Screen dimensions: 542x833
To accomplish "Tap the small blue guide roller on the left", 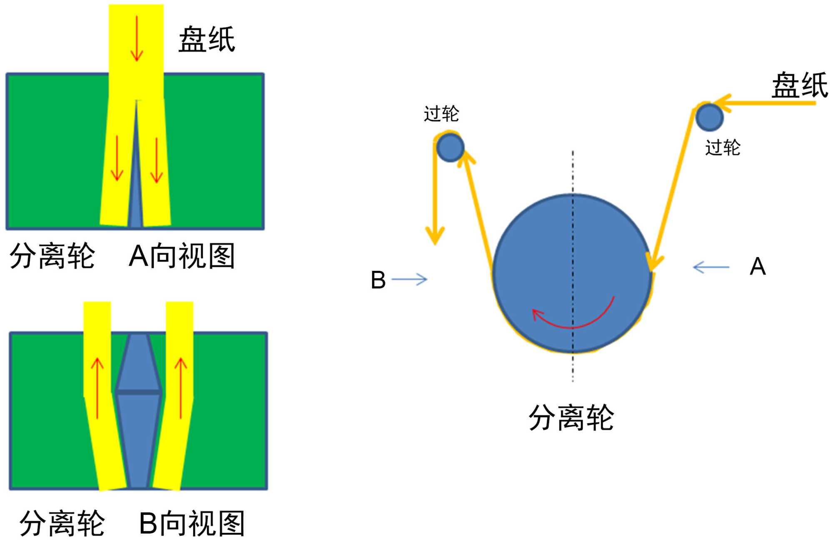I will tap(450, 147).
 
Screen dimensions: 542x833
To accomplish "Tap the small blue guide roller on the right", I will tap(709, 117).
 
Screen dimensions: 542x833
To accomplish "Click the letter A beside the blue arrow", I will tap(758, 267).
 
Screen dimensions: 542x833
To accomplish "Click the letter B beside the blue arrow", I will tap(378, 280).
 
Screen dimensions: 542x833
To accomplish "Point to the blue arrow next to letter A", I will tap(711, 267).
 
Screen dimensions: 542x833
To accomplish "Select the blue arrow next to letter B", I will tap(409, 280).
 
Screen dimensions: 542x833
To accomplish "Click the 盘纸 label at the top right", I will tap(800, 85).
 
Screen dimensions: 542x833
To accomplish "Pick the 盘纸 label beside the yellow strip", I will tap(207, 40).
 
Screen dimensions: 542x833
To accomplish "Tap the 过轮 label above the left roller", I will tap(441, 114).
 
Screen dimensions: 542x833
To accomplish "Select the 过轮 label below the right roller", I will tap(723, 148).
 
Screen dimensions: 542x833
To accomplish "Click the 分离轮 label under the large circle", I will tap(571, 417).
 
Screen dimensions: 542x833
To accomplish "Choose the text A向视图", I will tap(182, 256).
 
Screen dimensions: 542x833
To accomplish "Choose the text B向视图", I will tap(192, 523).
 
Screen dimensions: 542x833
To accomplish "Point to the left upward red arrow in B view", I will tap(97, 387).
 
